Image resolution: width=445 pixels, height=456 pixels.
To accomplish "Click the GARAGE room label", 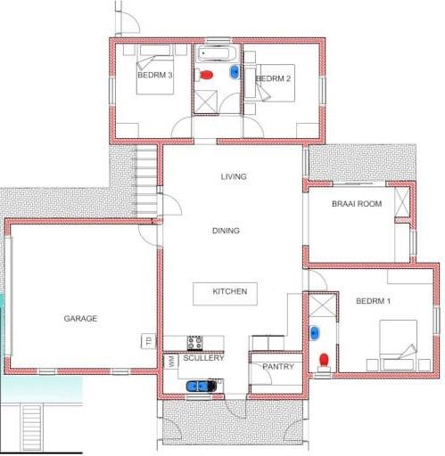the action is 80,319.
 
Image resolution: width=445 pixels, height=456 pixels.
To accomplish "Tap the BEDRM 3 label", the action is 155,75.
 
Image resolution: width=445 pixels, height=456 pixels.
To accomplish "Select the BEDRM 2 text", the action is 273,78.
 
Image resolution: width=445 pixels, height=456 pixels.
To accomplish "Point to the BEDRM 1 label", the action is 373,301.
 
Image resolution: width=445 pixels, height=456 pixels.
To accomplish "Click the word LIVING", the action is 234,176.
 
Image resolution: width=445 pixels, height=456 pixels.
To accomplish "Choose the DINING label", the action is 226,231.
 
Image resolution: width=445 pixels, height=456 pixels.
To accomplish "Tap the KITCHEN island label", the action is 230,291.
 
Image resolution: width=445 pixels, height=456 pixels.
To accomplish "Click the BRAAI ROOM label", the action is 357,204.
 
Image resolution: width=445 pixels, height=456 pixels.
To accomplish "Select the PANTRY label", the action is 278,367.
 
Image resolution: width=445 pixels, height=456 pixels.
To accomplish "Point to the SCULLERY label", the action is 203,358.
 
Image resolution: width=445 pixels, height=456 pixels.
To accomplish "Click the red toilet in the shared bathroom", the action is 206,75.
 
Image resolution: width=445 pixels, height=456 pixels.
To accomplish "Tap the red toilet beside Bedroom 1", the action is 324,360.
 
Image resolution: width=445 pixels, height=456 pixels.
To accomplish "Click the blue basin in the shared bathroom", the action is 235,72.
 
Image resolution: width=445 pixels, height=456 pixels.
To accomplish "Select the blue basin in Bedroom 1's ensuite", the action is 315,333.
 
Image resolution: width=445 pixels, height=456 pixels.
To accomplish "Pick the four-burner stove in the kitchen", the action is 195,343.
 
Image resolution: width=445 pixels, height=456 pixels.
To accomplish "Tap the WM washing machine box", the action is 171,362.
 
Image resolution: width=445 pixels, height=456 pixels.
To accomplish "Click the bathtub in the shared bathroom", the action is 218,54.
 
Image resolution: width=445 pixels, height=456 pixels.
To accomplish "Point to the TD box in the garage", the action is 148,341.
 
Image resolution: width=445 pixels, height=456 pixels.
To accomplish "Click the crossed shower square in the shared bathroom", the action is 206,102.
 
